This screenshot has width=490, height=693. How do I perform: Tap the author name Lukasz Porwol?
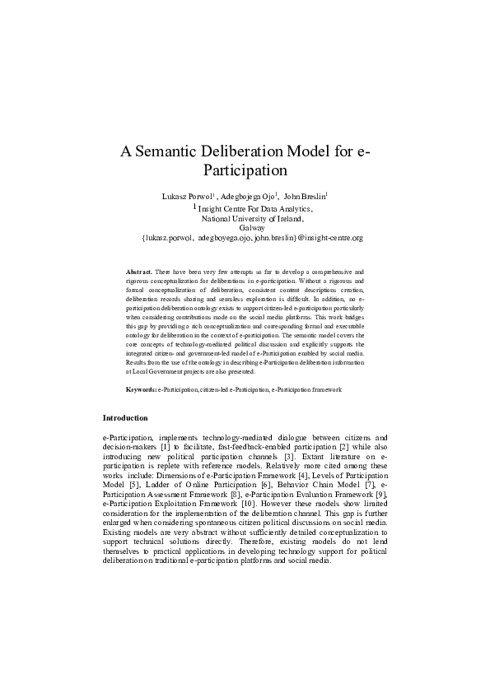[189, 198]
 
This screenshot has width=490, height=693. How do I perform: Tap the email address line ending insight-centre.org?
[252, 238]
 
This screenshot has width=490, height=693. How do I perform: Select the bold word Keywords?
[141, 388]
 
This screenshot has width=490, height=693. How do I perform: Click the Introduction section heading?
[125, 418]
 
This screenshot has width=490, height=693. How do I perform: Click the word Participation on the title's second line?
[245, 171]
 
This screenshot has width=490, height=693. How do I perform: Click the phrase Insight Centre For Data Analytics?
[256, 209]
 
